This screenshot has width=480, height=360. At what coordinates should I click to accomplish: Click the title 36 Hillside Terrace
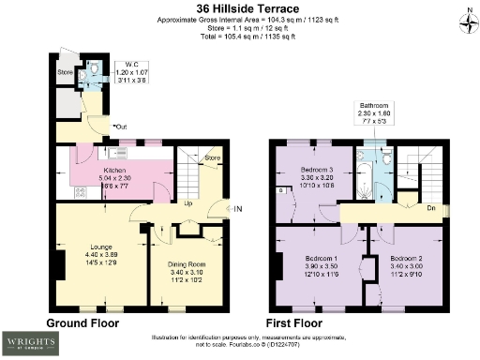(241, 8)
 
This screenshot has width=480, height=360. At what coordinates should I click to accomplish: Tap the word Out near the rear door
(121, 126)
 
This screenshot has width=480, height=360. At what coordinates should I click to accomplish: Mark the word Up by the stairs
(188, 203)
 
